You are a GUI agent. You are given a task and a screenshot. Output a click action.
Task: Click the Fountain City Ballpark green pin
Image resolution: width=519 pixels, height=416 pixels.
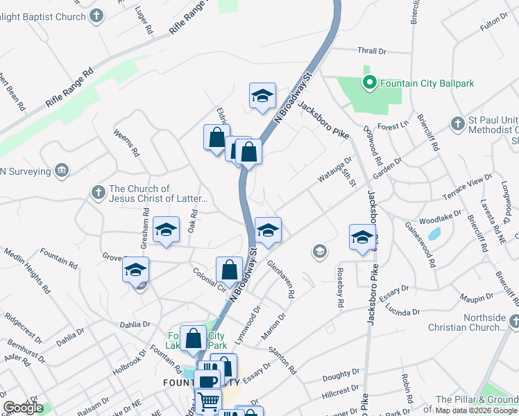point(369,83)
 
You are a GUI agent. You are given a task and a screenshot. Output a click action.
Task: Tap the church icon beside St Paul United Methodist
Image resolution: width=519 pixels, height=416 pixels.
point(457,123)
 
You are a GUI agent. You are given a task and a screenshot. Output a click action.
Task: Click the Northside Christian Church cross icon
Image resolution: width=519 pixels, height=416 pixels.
point(514,322)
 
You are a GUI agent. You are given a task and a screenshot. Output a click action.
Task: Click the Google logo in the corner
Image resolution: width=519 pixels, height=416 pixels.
point(23,408)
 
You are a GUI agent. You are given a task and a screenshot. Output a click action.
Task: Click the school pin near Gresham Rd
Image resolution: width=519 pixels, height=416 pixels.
point(166,230)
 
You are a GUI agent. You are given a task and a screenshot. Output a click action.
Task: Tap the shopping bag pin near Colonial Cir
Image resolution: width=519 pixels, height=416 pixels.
point(229,270)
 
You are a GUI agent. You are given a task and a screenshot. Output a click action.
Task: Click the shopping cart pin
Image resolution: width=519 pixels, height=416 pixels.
point(207,401)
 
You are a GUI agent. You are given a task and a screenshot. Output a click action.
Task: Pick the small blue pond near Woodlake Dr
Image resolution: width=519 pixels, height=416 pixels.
point(434,234)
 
